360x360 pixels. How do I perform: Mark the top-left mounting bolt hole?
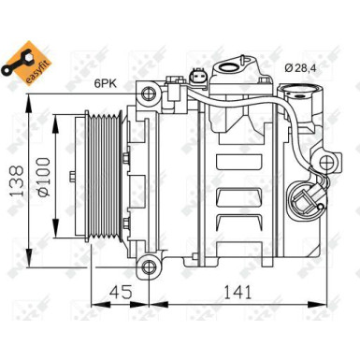[148, 94]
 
